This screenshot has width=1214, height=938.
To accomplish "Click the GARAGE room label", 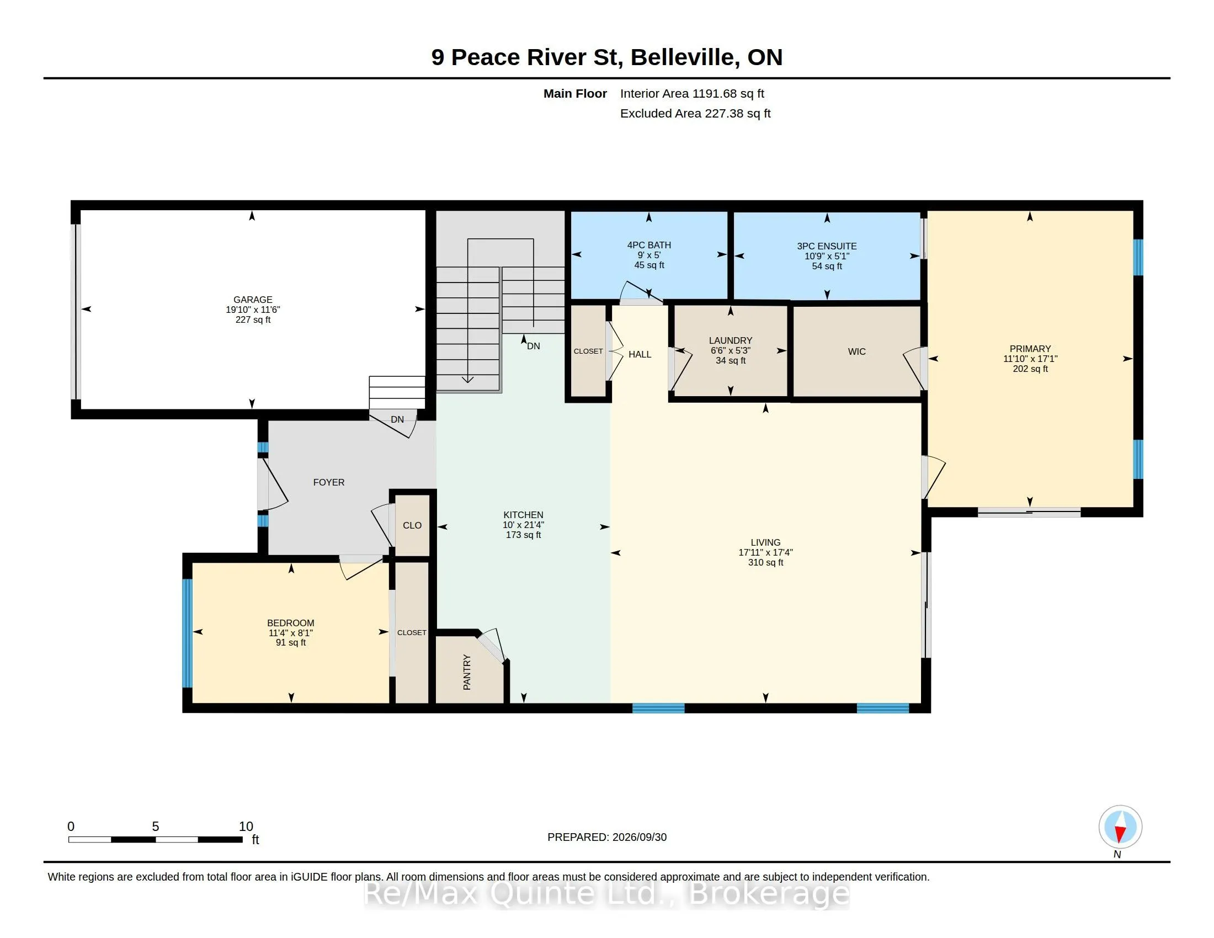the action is pos(253,300).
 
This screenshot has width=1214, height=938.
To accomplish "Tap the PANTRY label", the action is pos(467,673).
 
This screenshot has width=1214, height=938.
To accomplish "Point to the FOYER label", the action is pos(328,482).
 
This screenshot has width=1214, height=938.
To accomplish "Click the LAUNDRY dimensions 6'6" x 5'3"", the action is pos(731,350).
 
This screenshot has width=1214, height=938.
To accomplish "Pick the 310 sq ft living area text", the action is pos(765,562).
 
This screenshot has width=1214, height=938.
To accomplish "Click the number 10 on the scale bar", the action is pos(246,827).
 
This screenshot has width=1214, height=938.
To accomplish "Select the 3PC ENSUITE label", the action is pos(827,246).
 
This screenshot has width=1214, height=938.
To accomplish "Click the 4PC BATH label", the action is pos(649,245).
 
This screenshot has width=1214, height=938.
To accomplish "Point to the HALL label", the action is pos(640,355).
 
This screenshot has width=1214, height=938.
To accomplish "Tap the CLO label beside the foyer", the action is pos(412,526).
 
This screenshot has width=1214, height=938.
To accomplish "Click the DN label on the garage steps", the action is pos(397,419).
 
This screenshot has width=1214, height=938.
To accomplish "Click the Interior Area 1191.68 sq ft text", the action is pos(692,94).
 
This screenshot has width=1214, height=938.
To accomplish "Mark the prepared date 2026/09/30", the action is pos(639,838).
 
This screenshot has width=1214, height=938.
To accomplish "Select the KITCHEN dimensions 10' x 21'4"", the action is pos(523,525).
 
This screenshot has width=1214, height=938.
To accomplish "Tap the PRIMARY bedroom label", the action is pos(1030,349).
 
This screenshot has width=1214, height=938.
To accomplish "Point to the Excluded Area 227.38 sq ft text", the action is pos(695,114).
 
